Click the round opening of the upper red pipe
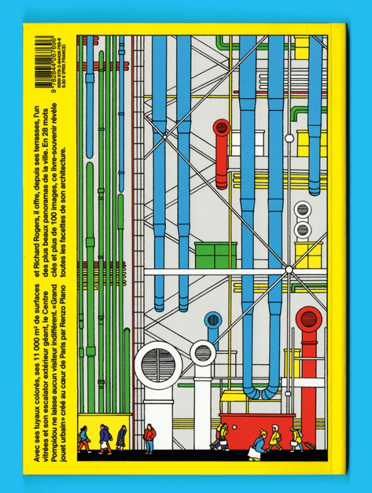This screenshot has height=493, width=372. click(x=223, y=127)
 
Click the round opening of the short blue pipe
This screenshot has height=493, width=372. click(x=213, y=320)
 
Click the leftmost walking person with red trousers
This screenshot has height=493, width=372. click(x=85, y=440)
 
